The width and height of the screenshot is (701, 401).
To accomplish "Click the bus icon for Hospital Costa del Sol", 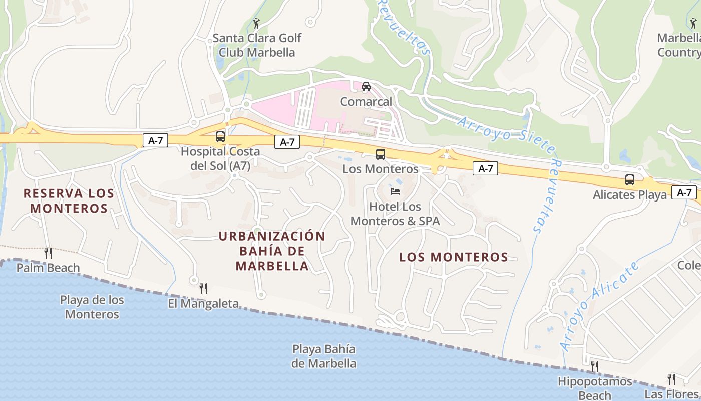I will click(220, 136).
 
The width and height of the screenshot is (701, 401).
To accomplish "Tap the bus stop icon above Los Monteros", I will click(381, 154).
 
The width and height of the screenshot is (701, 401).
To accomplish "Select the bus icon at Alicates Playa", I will click(630, 179).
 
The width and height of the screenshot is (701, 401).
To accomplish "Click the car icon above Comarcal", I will click(366, 87).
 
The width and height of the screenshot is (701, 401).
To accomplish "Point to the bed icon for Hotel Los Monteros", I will click(395, 191).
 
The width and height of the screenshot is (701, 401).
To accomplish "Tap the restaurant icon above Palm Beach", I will click(48, 253).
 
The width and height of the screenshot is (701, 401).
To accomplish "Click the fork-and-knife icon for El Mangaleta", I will click(203, 288).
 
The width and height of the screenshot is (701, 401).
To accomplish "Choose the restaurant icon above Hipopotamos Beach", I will click(595, 366).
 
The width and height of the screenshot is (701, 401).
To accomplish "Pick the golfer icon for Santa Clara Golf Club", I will click(257, 23).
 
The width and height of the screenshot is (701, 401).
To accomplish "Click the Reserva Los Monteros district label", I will click(69, 200).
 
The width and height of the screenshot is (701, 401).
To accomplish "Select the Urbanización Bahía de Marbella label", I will click(272, 251).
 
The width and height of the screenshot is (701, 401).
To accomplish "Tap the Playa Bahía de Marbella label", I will click(324, 356).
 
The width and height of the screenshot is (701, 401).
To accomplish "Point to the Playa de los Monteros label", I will click(92, 307).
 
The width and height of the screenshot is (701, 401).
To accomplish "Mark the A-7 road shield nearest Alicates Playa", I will click(684, 192).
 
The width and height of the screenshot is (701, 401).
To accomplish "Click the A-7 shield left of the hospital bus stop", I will click(155, 141).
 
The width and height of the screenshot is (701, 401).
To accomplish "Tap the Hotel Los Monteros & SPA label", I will click(395, 214).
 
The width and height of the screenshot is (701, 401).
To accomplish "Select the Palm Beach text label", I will click(48, 268).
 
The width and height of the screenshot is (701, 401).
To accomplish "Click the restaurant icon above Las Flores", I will click(671, 379).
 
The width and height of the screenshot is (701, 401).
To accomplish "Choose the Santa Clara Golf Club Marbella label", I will click(257, 45).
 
